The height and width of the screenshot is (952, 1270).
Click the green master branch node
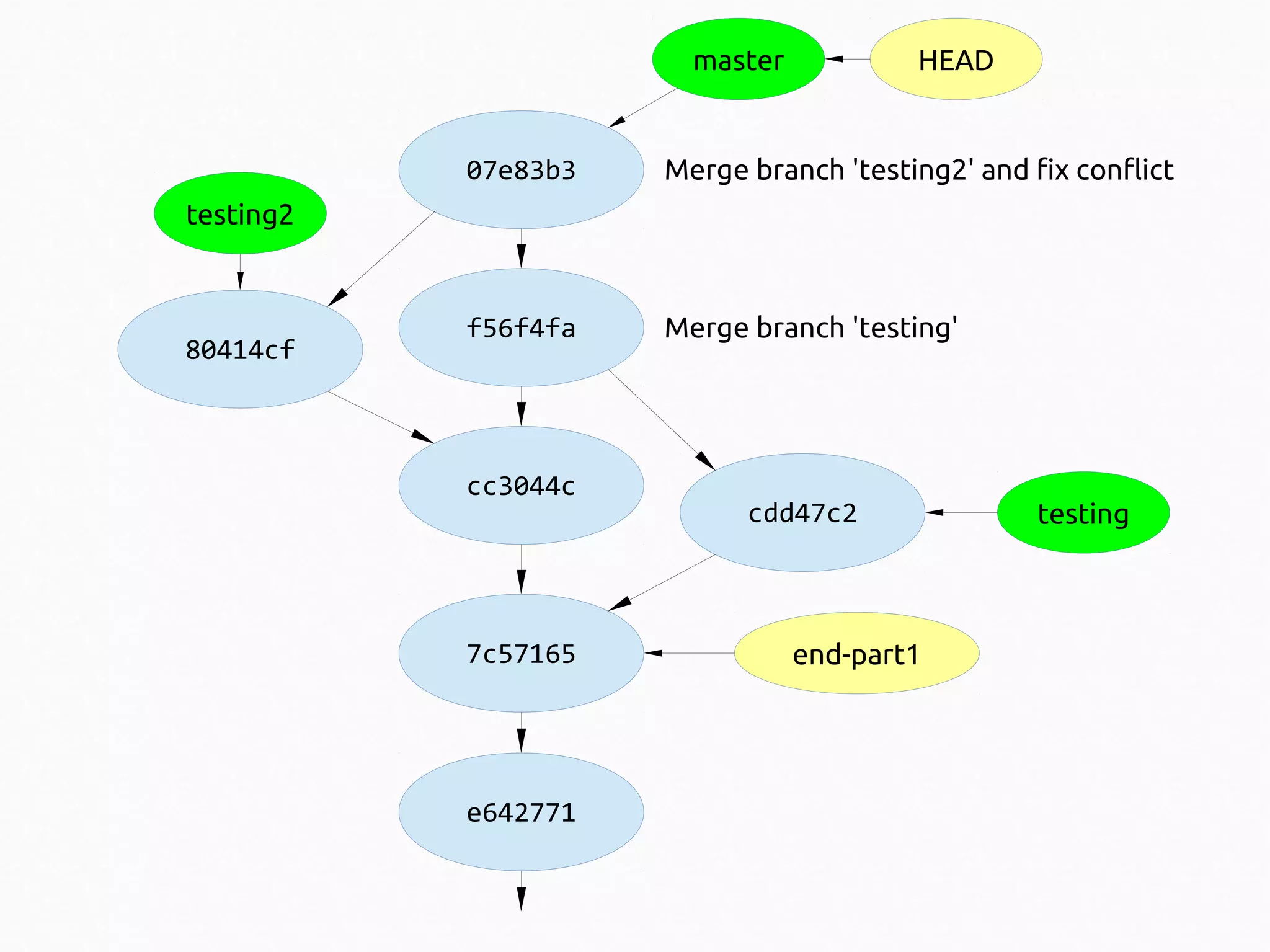coord(738,60)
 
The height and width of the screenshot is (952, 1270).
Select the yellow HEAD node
coord(956,60)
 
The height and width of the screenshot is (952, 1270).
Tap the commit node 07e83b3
coord(521,170)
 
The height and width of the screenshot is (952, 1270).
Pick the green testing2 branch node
coord(240,213)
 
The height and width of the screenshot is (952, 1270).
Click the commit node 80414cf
coord(240,349)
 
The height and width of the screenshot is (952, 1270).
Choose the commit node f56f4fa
coord(521,327)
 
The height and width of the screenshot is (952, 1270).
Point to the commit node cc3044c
coord(521,486)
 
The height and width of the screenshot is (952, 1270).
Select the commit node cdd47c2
coord(802,513)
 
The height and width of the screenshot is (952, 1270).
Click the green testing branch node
coord(1083,513)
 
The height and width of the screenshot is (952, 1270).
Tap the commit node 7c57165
coord(521,653)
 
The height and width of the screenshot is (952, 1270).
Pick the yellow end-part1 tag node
coord(856,654)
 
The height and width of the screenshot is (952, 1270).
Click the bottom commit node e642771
coord(521,812)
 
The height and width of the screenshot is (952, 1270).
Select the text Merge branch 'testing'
coord(810,328)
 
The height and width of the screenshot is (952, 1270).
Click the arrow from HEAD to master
coord(847,59)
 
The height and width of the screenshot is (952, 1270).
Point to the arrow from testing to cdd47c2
coord(961,512)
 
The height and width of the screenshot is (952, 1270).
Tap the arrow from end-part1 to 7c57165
coord(688,653)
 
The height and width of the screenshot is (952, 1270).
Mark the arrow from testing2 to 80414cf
coord(240,273)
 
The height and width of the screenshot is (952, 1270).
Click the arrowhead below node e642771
coord(521,898)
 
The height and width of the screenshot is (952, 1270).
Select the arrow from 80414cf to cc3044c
coord(380,417)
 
